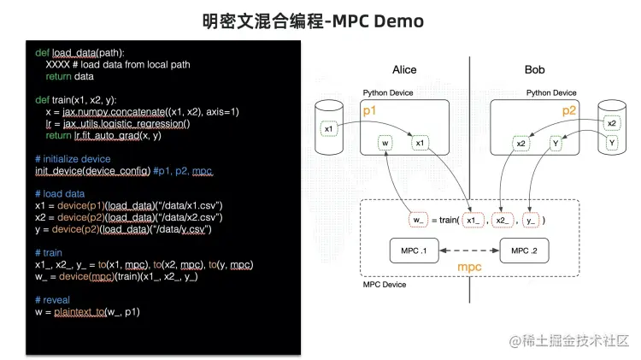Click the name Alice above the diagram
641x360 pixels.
(x=404, y=69)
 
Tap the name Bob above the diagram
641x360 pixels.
(x=534, y=69)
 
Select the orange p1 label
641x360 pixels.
(x=369, y=111)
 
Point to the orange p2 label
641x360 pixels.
(x=569, y=111)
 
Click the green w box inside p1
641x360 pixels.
(x=386, y=143)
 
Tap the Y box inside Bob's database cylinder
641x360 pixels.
(x=611, y=143)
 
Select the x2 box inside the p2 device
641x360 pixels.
(x=520, y=143)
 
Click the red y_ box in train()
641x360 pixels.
(x=531, y=220)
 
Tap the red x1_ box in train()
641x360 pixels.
(x=474, y=220)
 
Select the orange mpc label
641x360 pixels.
(x=470, y=269)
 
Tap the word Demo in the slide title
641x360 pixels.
(x=398, y=20)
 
